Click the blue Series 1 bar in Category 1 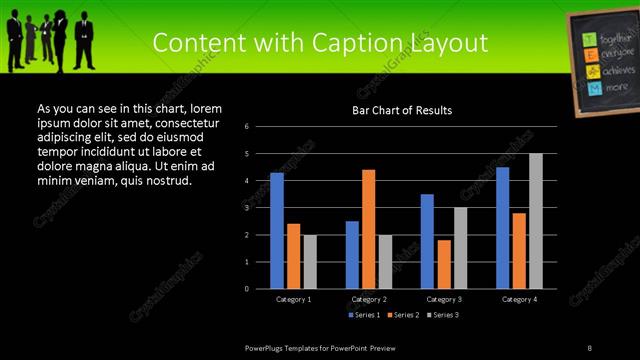tap(277, 231)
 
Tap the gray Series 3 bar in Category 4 tap(536, 221)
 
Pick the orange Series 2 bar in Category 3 tap(444, 264)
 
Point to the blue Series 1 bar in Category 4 tap(502, 228)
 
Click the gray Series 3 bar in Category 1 tap(310, 262)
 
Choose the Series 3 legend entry tap(443, 315)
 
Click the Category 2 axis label tap(369, 299)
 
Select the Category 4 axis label tap(519, 299)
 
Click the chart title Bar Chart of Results tap(402, 110)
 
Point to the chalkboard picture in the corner tap(602, 64)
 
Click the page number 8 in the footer tap(590, 347)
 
